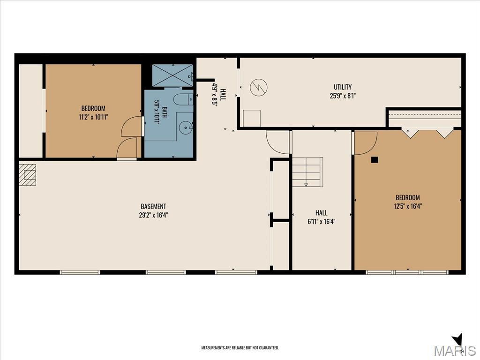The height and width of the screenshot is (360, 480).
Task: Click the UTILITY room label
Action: (x=343, y=87)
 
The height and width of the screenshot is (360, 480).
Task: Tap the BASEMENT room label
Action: (x=153, y=206)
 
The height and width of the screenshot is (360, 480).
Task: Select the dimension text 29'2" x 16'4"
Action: (x=153, y=215)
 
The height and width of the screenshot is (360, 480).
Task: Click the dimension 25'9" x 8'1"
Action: (x=343, y=96)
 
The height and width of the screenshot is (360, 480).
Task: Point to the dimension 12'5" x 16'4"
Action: (x=408, y=206)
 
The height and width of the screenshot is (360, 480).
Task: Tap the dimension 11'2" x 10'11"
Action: (x=93, y=117)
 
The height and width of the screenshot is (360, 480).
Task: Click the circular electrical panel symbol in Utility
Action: (x=259, y=87)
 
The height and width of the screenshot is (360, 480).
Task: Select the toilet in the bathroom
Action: (x=183, y=99)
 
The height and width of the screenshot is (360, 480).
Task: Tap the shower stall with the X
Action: (x=172, y=75)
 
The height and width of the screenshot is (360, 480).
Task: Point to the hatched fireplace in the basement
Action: (x=28, y=175)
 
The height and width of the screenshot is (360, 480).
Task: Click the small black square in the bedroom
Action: (x=375, y=159)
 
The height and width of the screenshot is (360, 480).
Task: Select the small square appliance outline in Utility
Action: (x=252, y=118)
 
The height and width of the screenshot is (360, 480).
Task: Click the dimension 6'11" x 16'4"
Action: (x=322, y=221)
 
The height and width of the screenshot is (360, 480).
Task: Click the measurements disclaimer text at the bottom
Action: (x=240, y=348)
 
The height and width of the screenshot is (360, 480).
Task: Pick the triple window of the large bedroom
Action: (x=407, y=272)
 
